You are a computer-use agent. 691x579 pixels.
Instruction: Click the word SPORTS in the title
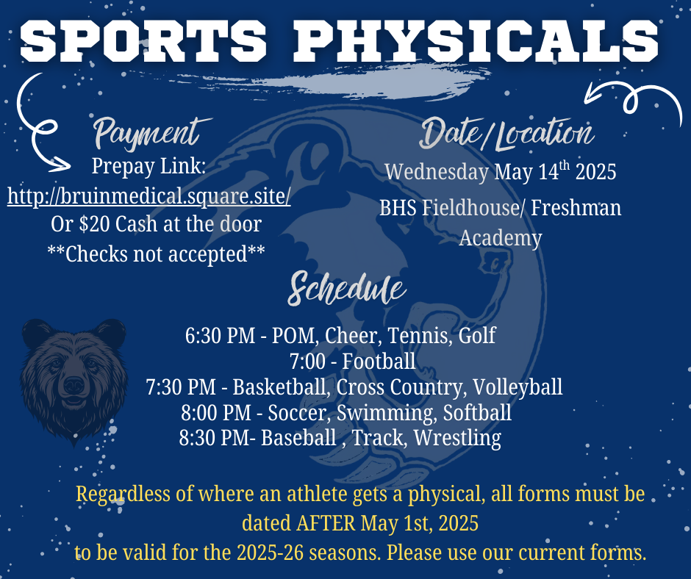pyautogui.click(x=143, y=40)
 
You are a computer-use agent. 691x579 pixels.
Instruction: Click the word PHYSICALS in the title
pyautogui.click(x=476, y=40)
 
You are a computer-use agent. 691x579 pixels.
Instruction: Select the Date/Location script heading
pyautogui.click(x=506, y=133)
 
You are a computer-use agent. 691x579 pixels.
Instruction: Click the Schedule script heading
pyautogui.click(x=347, y=289)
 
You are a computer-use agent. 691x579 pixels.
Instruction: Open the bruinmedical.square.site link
pyautogui.click(x=149, y=196)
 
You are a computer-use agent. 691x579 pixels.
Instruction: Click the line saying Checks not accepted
pyautogui.click(x=156, y=253)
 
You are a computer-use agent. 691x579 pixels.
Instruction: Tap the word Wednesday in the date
pyautogui.click(x=437, y=171)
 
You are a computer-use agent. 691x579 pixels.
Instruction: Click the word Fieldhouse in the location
pyautogui.click(x=470, y=207)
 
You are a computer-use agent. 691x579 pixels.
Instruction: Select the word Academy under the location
pyautogui.click(x=501, y=238)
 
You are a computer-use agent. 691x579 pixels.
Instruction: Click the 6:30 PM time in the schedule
pyautogui.click(x=220, y=335)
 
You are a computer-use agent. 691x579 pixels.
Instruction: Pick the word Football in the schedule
pyautogui.click(x=379, y=362)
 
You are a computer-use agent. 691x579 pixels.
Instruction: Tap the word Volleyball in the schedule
pyautogui.click(x=518, y=387)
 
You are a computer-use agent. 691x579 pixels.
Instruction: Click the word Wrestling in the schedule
pyautogui.click(x=457, y=439)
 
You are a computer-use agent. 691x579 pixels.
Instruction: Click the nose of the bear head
pyautogui.click(x=74, y=386)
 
